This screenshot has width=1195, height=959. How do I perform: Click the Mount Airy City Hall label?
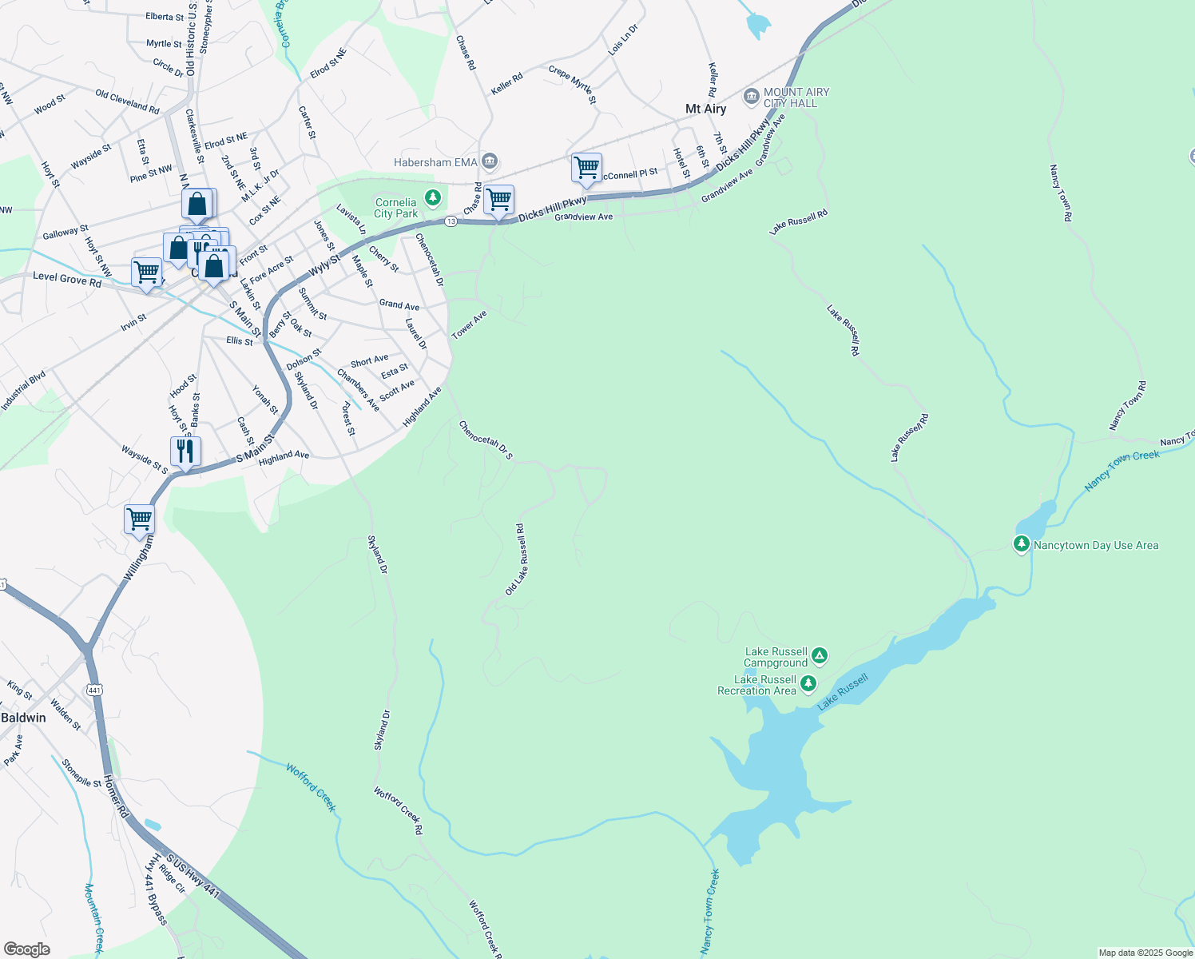796,97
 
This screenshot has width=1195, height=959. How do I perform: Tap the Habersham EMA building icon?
490,162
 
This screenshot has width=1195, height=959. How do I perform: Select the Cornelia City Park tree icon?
433,197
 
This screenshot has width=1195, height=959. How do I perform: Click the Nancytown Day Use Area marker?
1021,545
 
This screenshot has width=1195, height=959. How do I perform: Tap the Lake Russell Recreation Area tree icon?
808,684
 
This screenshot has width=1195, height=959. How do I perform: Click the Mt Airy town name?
706,109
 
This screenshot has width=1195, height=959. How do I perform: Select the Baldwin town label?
24,718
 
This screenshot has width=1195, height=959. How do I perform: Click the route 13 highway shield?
451,221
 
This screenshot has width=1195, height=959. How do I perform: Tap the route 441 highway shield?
95,689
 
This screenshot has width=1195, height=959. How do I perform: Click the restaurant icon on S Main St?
185,452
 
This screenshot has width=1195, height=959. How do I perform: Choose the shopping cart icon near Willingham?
140,519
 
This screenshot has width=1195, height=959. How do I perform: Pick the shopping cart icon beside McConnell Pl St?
586,169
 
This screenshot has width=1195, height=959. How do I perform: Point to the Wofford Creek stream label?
312,787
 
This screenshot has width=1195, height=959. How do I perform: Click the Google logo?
26,949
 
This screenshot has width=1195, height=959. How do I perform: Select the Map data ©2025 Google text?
1145,953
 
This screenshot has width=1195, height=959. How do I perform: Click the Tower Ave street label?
469,325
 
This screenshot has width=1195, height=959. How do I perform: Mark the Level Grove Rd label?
67,279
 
